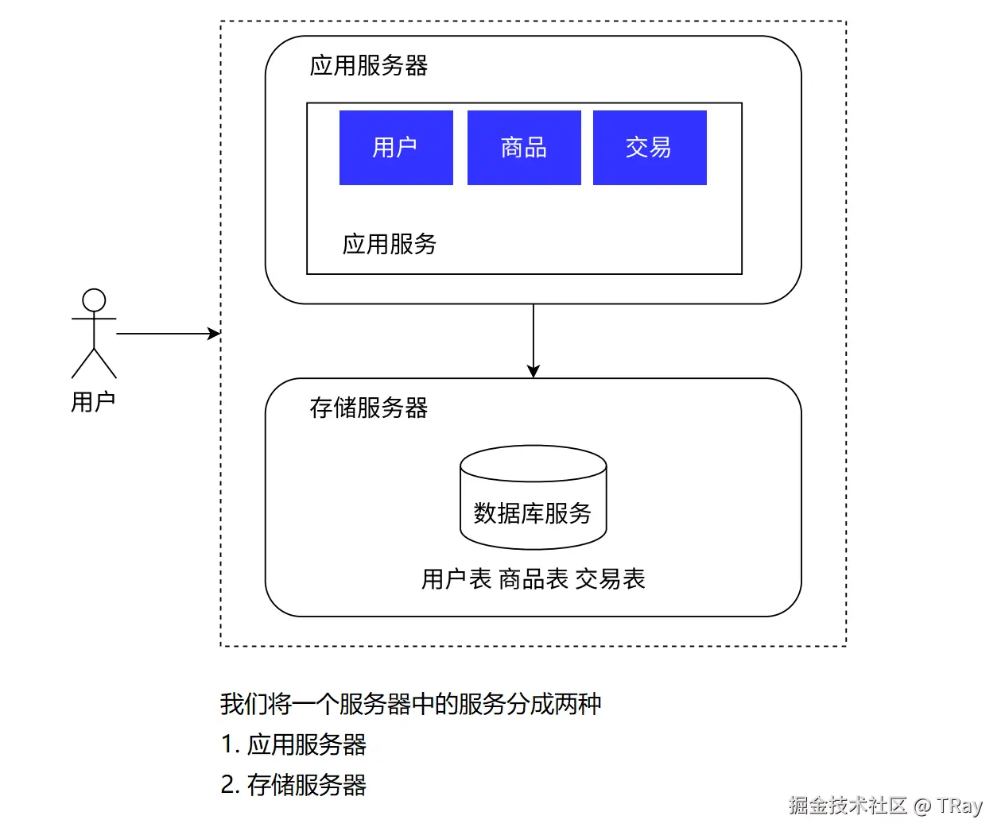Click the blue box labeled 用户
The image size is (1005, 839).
[396, 148]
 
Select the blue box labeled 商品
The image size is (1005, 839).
[524, 148]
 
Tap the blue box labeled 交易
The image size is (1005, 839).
[650, 148]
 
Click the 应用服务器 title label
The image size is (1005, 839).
[369, 65]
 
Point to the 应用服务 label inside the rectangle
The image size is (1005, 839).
[390, 244]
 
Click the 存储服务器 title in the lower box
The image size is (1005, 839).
[369, 408]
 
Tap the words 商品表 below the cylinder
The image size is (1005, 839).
[534, 579]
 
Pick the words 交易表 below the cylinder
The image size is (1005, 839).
[611, 579]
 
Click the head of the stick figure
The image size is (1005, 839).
[94, 300]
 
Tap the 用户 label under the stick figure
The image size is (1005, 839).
[93, 402]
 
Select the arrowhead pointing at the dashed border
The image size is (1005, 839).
[214, 334]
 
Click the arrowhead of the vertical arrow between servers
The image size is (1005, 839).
[534, 371]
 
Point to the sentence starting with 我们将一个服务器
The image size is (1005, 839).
[410, 704]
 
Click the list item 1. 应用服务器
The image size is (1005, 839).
[294, 744]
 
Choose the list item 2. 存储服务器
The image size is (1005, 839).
[294, 785]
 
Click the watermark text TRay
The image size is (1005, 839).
[959, 806]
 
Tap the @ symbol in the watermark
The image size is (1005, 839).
[922, 806]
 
